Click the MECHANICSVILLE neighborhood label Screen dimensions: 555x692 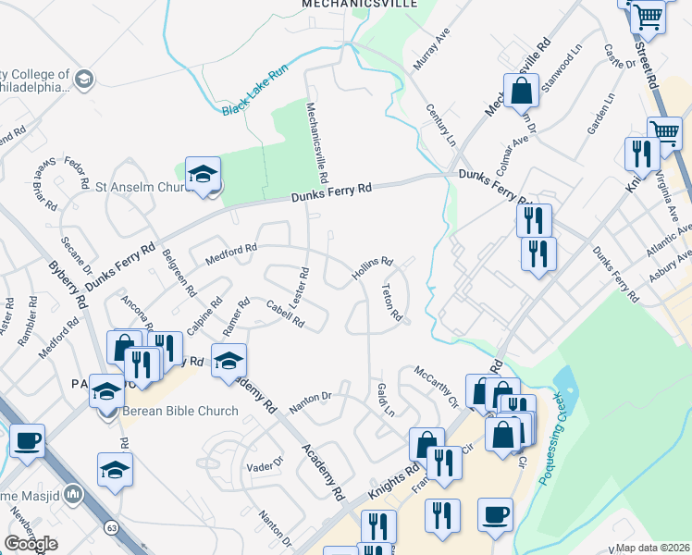[360, 4]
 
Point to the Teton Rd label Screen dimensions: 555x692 [391, 302]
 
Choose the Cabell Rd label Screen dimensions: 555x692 [285, 314]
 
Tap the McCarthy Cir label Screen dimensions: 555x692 [436, 388]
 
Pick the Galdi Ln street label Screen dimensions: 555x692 [386, 399]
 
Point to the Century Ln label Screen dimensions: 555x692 [441, 126]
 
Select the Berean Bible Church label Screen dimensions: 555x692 [180, 411]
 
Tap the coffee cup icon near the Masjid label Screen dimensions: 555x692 [27, 440]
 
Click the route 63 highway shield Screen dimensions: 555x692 [112, 527]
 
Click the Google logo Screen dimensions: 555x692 [31, 544]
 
